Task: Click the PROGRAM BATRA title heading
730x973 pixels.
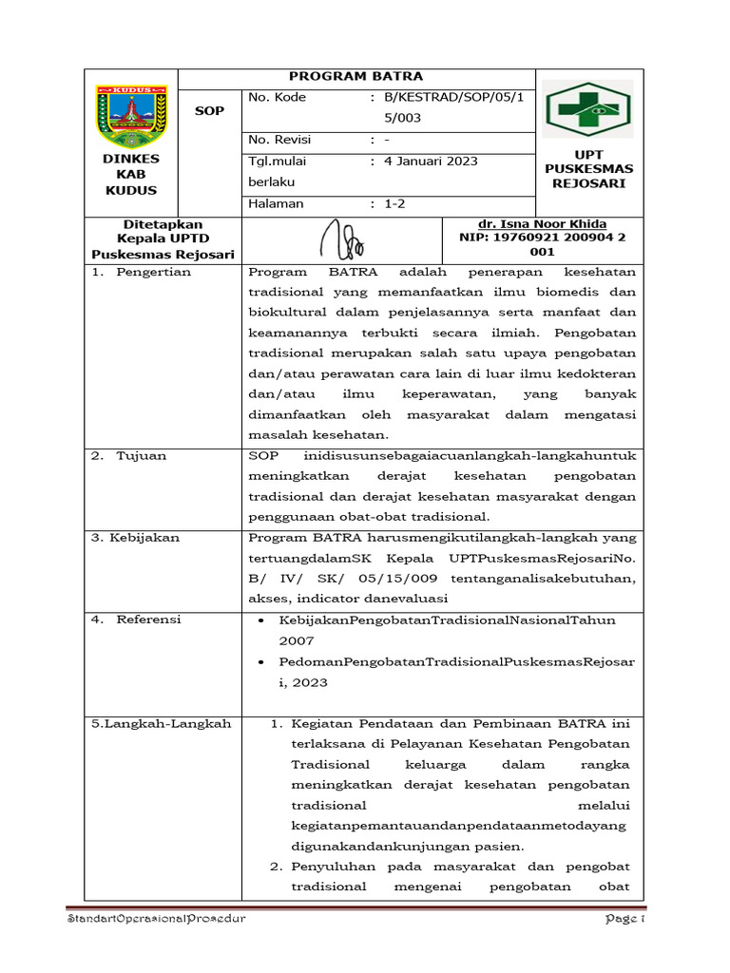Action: tap(355, 76)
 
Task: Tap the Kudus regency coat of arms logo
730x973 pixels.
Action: tap(131, 113)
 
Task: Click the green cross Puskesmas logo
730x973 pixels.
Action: tap(586, 109)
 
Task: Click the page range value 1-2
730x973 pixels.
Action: tap(394, 203)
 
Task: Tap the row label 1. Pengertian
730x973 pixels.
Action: tap(142, 272)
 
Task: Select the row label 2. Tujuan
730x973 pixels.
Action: tap(129, 456)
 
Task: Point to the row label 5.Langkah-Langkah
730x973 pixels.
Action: tap(161, 724)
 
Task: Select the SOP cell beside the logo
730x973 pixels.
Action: tap(209, 111)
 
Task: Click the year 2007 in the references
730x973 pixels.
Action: tap(296, 641)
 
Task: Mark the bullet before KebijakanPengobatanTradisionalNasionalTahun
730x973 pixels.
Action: tap(261, 620)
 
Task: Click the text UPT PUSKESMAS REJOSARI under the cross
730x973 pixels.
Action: tap(588, 168)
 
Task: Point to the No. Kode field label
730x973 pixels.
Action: tap(277, 97)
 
